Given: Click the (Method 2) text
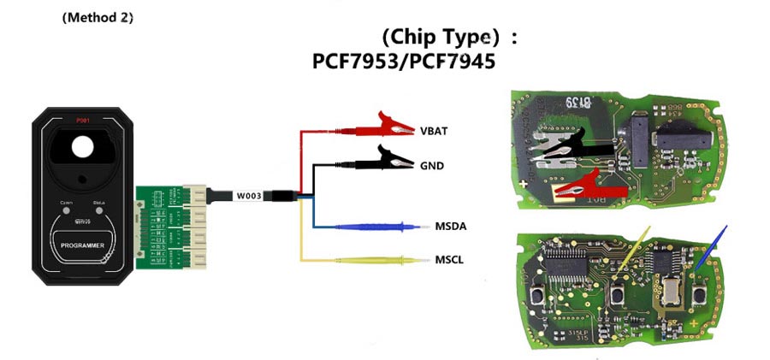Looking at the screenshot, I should pyautogui.click(x=98, y=17).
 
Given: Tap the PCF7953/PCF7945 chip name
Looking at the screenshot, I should pyautogui.click(x=404, y=63).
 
